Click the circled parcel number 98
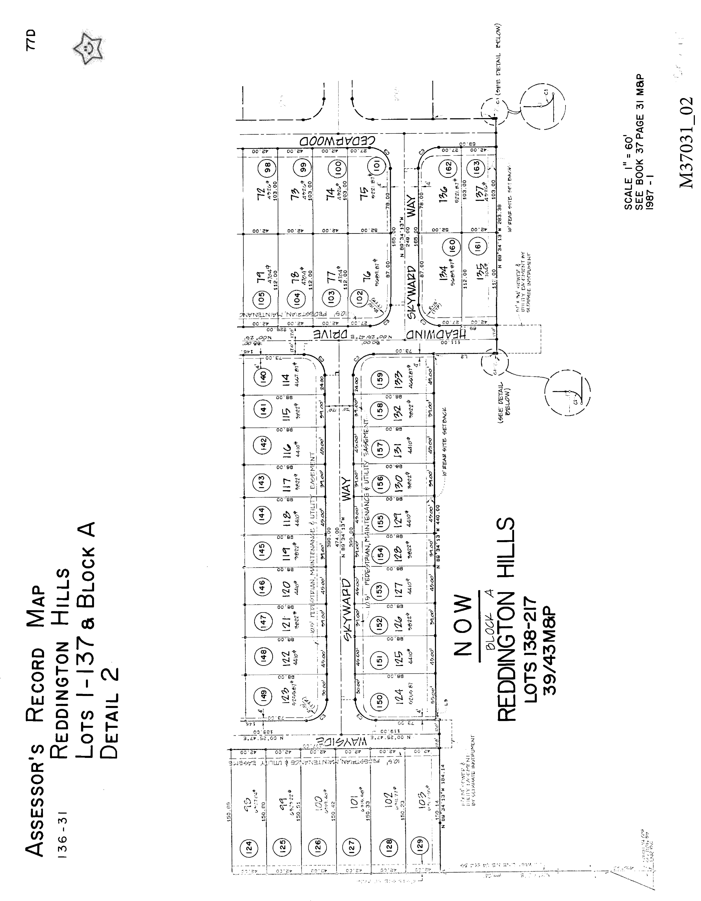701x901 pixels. (267, 168)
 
